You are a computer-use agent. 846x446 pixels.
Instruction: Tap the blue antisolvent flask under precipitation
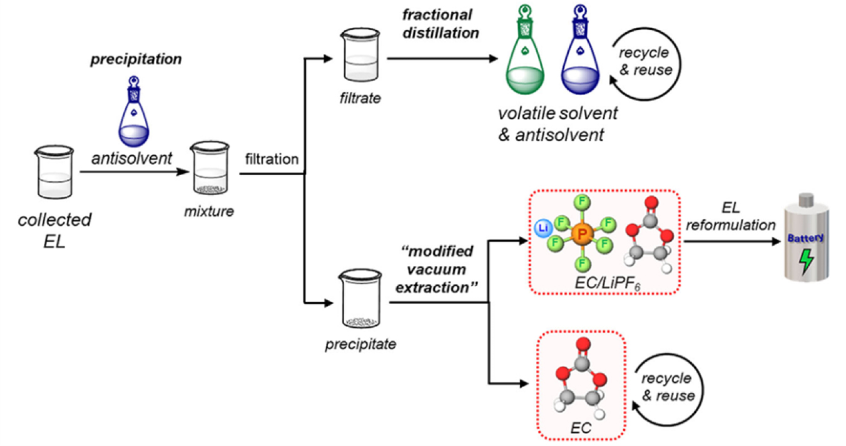(134, 113)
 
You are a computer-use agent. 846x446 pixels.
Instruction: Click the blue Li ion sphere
(544, 228)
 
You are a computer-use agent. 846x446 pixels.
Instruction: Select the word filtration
(272, 159)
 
